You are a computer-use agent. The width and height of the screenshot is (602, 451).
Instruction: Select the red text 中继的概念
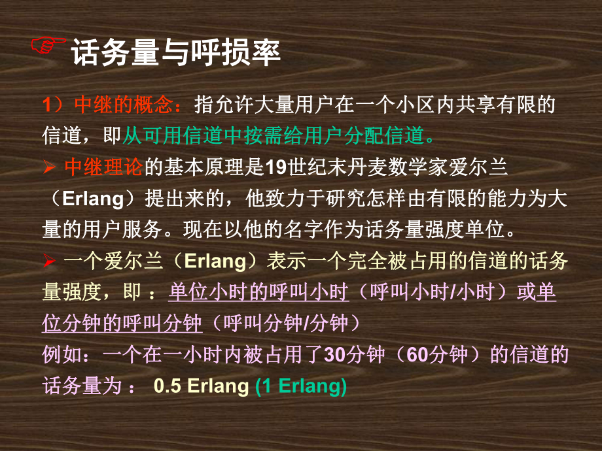(x=125, y=105)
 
